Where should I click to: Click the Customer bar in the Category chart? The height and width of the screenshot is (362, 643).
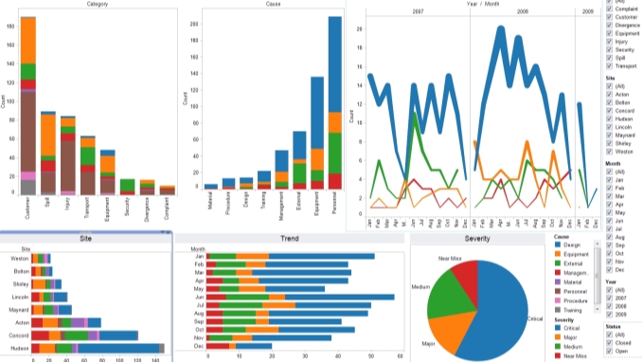(x=28, y=104)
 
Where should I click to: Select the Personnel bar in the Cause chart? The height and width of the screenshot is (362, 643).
(x=334, y=104)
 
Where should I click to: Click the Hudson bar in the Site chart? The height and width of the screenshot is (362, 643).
(x=85, y=349)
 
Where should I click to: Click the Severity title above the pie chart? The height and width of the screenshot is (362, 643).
(x=475, y=241)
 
